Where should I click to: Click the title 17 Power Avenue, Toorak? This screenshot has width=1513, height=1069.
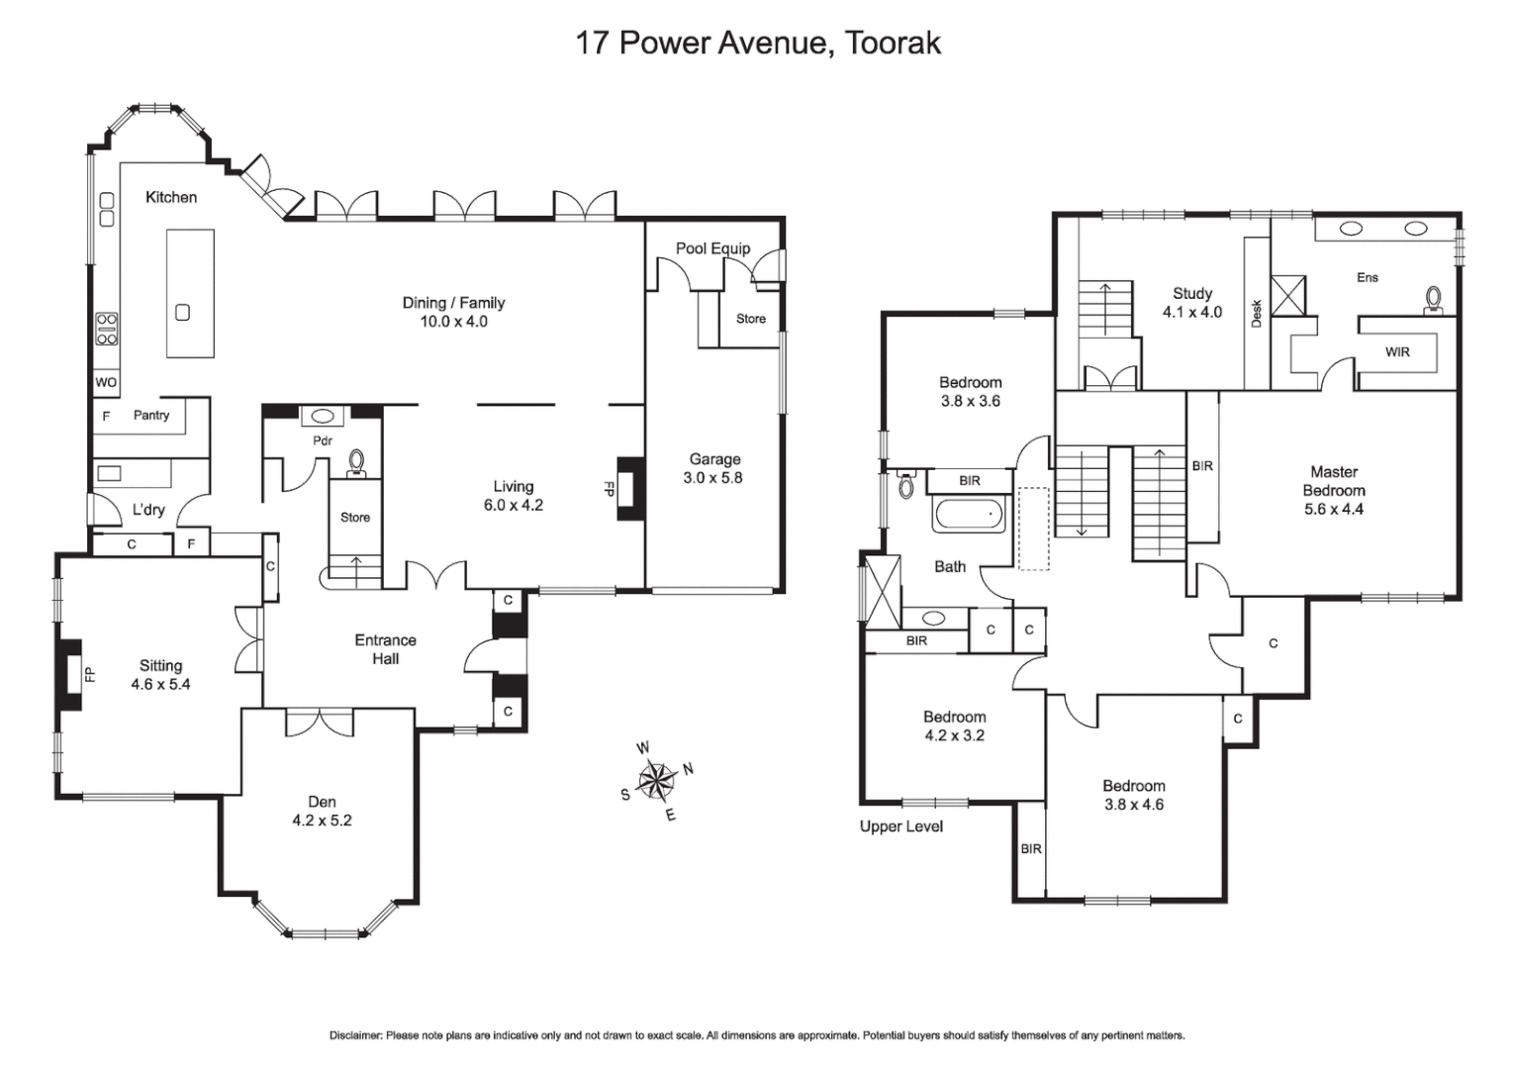pyautogui.click(x=757, y=43)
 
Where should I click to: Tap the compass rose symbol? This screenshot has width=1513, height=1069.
pyautogui.click(x=655, y=780)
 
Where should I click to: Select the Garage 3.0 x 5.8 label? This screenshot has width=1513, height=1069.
pyautogui.click(x=714, y=468)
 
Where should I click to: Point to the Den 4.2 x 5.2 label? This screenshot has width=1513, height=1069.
pyautogui.click(x=322, y=811)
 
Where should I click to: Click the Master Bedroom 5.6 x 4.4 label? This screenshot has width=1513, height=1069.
pyautogui.click(x=1333, y=490)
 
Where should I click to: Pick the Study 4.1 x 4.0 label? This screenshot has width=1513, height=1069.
pyautogui.click(x=1191, y=302)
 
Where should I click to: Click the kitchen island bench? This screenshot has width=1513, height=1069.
pyautogui.click(x=190, y=293)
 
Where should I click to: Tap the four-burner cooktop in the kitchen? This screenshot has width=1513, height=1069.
pyautogui.click(x=107, y=329)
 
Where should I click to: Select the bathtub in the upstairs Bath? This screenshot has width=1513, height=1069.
pyautogui.click(x=971, y=515)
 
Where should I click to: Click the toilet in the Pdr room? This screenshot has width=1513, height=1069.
pyautogui.click(x=357, y=462)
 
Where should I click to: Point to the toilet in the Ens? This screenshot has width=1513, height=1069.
pyautogui.click(x=1433, y=299)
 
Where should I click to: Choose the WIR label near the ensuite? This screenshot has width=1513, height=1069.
pyautogui.click(x=1397, y=352)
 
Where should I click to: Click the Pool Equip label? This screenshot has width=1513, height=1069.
pyautogui.click(x=712, y=248)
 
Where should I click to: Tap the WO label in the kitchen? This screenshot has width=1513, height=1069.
pyautogui.click(x=106, y=383)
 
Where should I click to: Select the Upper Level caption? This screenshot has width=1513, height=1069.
pyautogui.click(x=900, y=826)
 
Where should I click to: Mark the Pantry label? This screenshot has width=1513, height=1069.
pyautogui.click(x=151, y=416)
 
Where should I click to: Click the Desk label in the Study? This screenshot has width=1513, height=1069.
pyautogui.click(x=1257, y=313)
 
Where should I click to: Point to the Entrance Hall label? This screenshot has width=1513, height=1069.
pyautogui.click(x=385, y=649)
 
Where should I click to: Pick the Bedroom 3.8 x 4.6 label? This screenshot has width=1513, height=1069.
pyautogui.click(x=1133, y=795)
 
